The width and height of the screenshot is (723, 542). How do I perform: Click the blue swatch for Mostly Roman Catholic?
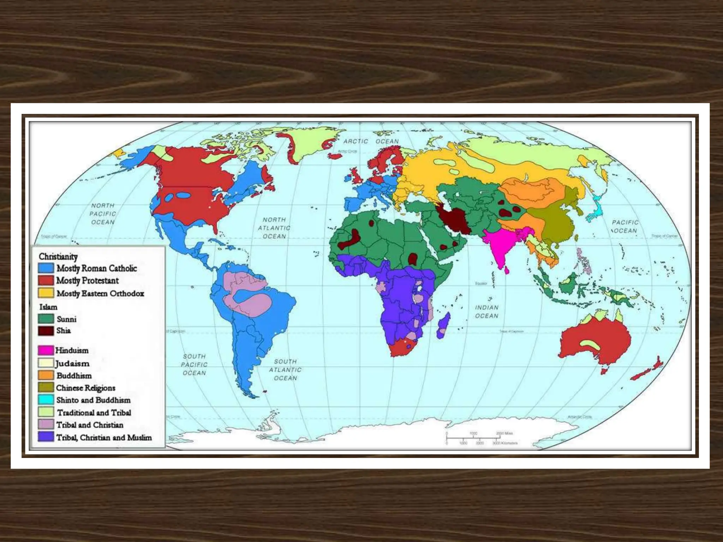click(x=46, y=268)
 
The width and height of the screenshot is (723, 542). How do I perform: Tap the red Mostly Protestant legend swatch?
click(x=46, y=281)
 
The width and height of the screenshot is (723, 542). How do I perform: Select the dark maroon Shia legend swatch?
click(x=46, y=331)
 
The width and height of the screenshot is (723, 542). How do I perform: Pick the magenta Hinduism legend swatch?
click(x=46, y=350)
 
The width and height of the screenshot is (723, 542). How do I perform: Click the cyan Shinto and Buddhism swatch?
click(x=46, y=400)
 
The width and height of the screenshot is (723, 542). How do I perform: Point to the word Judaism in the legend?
click(x=72, y=363)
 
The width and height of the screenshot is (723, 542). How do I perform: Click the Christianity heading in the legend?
click(x=58, y=257)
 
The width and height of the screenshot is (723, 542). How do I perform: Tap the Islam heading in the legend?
click(x=48, y=307)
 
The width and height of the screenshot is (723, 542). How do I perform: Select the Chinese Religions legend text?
click(x=86, y=388)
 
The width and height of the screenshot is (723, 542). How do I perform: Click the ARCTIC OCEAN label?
click(x=371, y=141)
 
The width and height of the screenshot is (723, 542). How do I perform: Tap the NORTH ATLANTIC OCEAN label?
click(x=274, y=228)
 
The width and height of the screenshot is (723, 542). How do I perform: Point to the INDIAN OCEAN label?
click(x=486, y=312)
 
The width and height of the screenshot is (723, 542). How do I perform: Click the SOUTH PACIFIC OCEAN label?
click(x=194, y=365)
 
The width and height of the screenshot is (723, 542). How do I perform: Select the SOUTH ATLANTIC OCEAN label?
click(x=285, y=370)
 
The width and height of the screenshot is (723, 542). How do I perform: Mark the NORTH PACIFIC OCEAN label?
click(x=103, y=214)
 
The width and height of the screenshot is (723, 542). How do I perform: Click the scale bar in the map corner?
click(x=473, y=438)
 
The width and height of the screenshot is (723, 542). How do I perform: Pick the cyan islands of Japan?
click(x=595, y=208)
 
